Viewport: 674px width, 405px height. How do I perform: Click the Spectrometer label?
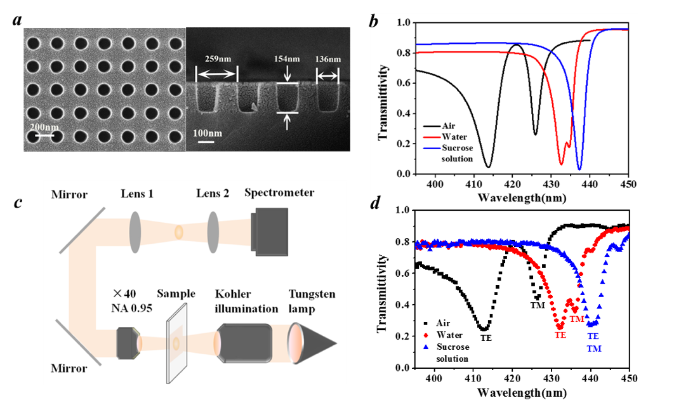pos(279,192)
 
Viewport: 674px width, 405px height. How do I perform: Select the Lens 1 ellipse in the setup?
pos(135,232)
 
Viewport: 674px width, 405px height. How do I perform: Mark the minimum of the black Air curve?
pos(488,166)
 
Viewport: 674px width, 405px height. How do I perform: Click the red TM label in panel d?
pos(577,319)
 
